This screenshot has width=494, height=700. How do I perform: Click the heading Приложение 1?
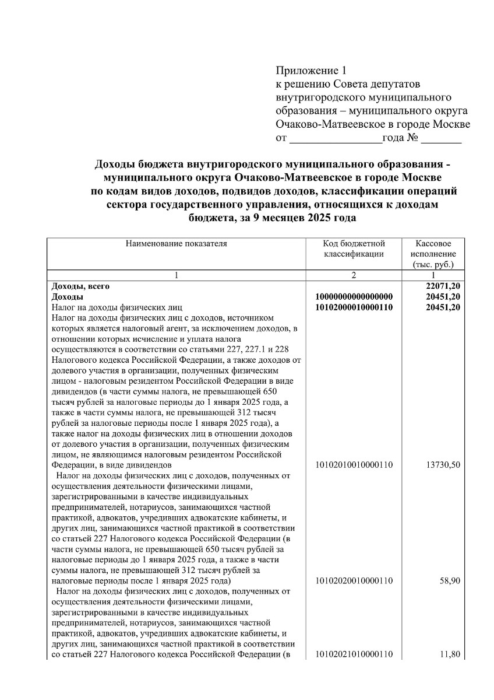coord(310,71)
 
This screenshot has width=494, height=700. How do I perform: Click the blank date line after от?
coord(336,139)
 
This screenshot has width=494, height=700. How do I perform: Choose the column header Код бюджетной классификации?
coord(354,249)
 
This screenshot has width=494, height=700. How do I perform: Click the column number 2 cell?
coord(354,275)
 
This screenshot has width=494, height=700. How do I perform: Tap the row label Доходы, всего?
coord(80,286)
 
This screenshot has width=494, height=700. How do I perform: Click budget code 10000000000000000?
coord(354,296)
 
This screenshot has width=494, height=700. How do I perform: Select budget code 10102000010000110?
coord(354,307)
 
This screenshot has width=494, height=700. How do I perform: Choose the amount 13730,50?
coord(444,465)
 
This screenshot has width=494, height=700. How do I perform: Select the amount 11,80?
coord(450,654)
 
